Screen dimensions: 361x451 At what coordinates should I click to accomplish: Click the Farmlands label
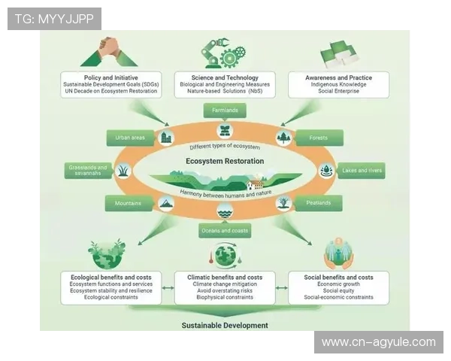225,111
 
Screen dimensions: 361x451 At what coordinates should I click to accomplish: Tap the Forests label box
318,138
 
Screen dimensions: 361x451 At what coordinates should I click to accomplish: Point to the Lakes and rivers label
362,171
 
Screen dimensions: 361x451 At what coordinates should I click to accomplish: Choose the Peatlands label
317,203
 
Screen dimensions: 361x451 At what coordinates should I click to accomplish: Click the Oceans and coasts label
225,230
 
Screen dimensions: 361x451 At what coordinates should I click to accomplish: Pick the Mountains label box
129,203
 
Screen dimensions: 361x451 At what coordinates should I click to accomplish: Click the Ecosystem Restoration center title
225,161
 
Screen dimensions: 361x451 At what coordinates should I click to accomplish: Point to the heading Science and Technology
225,77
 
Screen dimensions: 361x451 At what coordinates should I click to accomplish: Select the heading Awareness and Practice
339,77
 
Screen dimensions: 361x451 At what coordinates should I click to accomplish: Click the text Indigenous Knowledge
339,85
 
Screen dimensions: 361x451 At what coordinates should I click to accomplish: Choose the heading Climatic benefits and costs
225,277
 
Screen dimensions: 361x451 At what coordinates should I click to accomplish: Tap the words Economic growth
339,284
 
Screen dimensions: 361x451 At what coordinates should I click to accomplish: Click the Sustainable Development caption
225,326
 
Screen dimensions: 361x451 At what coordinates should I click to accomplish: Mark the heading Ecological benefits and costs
110,277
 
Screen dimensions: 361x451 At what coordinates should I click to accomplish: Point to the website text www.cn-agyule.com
378,342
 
